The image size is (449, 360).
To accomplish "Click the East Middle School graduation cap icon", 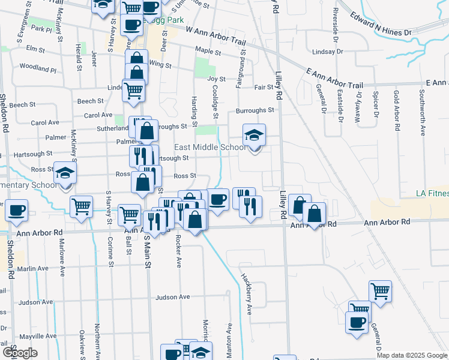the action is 255,135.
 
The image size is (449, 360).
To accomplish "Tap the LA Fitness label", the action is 432,194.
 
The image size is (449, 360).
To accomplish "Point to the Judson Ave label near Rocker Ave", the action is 172,297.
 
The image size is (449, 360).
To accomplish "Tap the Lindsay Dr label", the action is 331,52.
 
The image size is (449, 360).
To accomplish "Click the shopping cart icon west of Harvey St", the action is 81,207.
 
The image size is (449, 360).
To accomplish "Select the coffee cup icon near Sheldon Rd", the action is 17,211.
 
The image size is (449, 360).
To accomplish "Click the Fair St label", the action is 264,88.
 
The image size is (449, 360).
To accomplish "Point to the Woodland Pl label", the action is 37,68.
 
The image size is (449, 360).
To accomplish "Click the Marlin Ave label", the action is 33,269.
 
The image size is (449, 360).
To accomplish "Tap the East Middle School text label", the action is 209,148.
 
